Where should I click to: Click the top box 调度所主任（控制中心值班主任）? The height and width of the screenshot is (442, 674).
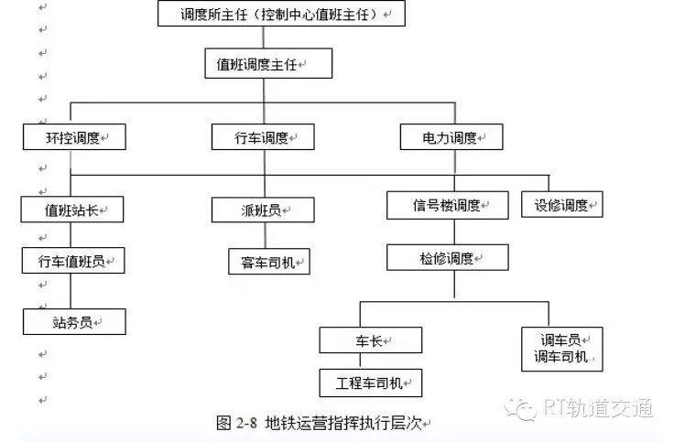(x=281, y=14)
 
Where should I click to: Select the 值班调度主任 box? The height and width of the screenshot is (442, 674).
(x=268, y=63)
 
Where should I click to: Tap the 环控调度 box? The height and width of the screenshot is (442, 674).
(x=74, y=137)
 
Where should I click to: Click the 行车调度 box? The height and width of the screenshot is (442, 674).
(x=263, y=137)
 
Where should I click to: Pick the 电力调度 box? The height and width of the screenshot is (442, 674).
(x=451, y=137)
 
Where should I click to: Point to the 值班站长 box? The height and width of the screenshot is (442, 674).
(x=72, y=210)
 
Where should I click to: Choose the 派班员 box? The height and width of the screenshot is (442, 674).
(x=263, y=210)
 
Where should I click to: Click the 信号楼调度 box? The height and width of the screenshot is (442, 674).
(x=448, y=205)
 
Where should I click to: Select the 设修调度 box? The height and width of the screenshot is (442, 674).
(x=562, y=204)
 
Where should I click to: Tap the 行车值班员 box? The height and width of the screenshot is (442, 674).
(x=73, y=260)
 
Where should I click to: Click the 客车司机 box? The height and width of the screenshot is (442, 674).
(x=269, y=261)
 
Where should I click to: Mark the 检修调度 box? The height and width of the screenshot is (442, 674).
(x=448, y=258)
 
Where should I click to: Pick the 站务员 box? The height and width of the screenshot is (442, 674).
(x=74, y=322)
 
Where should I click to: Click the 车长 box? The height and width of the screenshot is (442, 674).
(x=371, y=340)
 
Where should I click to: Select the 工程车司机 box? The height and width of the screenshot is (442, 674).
(x=371, y=383)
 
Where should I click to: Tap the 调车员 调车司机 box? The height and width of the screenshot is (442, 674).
(x=562, y=349)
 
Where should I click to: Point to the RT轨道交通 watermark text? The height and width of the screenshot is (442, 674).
(x=598, y=407)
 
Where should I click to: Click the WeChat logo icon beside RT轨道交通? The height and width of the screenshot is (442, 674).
(x=520, y=408)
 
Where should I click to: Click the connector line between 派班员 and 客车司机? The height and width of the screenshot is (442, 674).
(x=266, y=235)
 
